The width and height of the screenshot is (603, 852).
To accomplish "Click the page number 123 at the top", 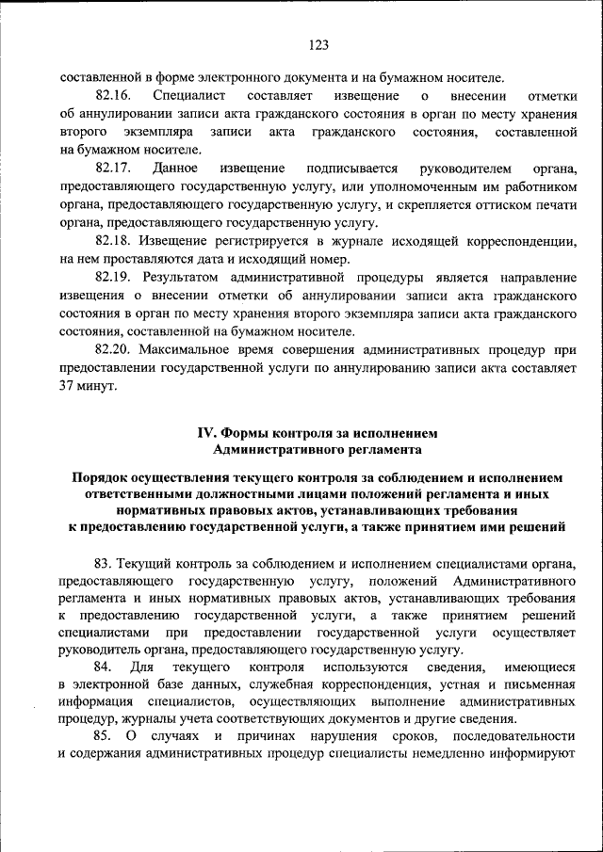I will tap(318, 45).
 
